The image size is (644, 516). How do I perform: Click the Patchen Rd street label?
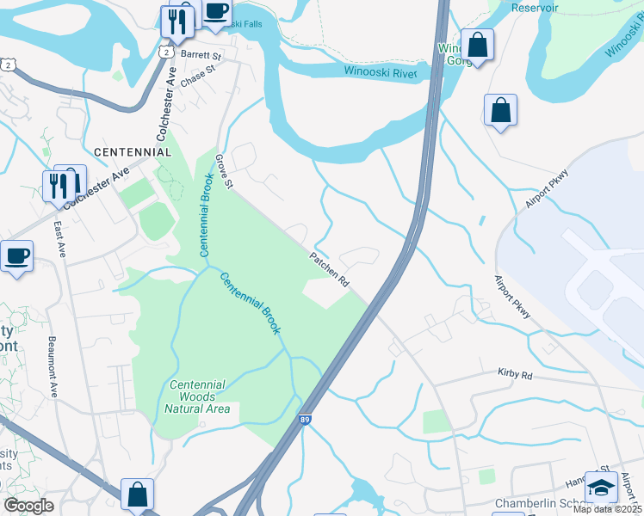pyautogui.click(x=330, y=268)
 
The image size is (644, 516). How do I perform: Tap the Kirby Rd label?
pyautogui.click(x=515, y=375)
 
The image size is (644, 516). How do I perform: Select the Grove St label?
pyautogui.click(x=224, y=171)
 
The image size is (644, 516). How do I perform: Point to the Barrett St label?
pyautogui.click(x=201, y=54)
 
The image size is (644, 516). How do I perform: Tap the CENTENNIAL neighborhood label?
pyautogui.click(x=132, y=151)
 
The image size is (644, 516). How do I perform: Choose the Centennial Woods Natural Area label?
pyautogui.click(x=197, y=396)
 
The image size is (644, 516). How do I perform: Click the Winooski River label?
pyautogui.click(x=380, y=72)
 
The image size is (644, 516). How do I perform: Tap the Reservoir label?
pyautogui.click(x=535, y=8)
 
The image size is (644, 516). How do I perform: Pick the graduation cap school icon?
pyautogui.click(x=601, y=487)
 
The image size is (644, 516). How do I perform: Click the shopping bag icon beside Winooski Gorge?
pyautogui.click(x=477, y=45)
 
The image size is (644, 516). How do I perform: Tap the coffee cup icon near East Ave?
pyautogui.click(x=16, y=255)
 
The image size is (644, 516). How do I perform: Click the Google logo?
pyautogui.click(x=28, y=505)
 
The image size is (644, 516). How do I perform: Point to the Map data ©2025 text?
pyautogui.click(x=608, y=509)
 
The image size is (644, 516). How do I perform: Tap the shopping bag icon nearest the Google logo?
pyautogui.click(x=137, y=494)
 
